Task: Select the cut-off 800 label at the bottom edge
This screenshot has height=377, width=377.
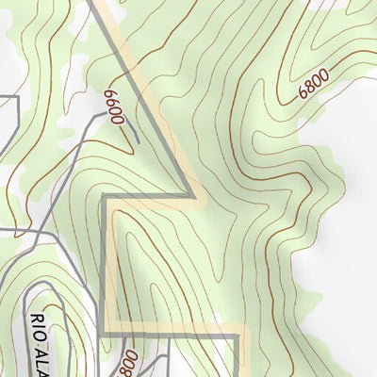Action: pos(129,361)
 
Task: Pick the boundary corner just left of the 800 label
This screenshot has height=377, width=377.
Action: pos(104,329)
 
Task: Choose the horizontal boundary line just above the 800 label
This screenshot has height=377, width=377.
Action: pos(170,330)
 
